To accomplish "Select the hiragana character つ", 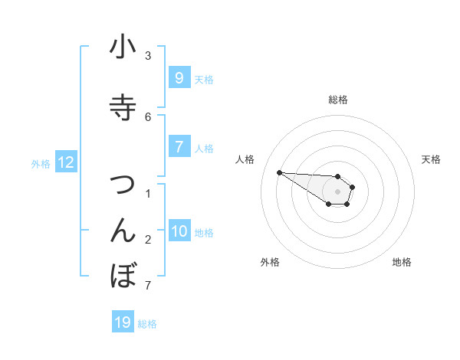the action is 123,185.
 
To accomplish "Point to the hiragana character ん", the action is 123,231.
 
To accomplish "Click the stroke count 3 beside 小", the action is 148,56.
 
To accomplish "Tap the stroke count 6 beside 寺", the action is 148,116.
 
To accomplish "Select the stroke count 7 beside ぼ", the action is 148,286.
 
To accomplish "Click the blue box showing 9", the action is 179,77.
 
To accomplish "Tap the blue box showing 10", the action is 179,231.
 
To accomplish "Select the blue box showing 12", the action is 66,162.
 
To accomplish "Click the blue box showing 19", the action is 123,322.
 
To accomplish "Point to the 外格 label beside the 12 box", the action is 41,163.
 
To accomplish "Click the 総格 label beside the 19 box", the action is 147,324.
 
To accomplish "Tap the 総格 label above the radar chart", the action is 338,100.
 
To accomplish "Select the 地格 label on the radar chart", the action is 402,262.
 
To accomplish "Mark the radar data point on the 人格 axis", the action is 279,172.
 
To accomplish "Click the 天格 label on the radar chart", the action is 431,159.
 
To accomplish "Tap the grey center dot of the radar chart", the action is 337,191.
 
